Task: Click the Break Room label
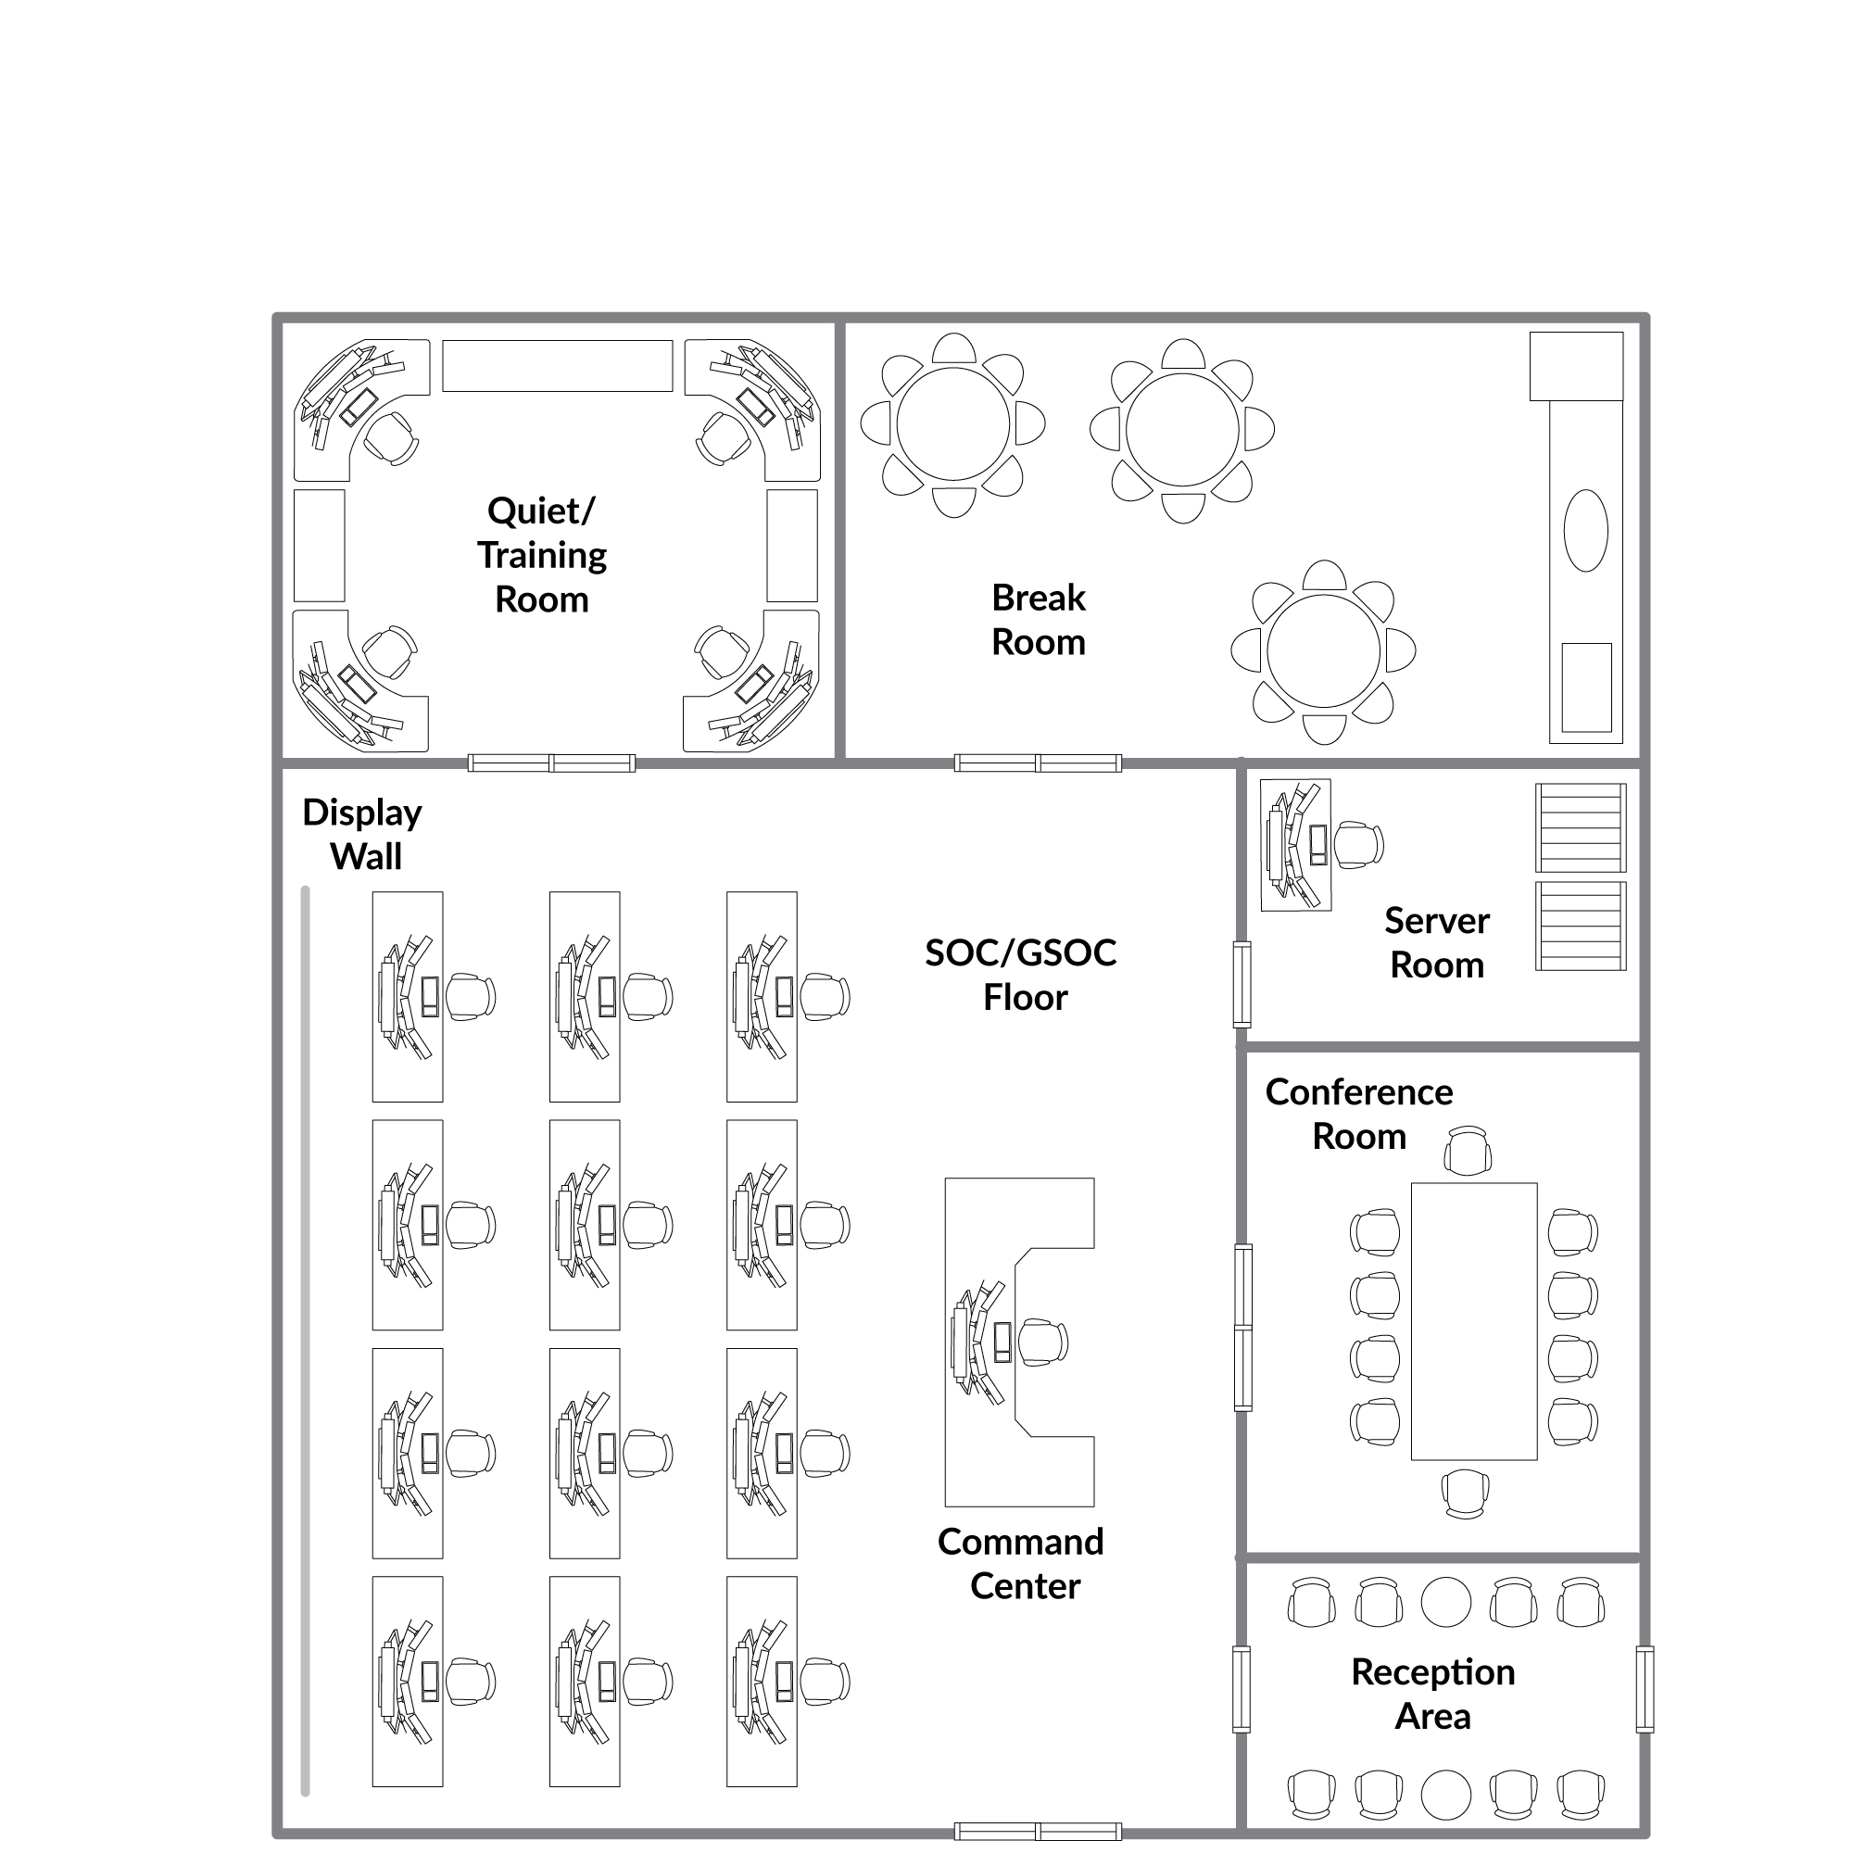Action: (x=1039, y=620)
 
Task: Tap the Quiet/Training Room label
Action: (x=542, y=554)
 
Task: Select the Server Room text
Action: (x=1437, y=943)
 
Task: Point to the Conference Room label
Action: (x=1359, y=1114)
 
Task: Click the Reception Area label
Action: (x=1433, y=1694)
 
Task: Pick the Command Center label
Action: (x=1021, y=1563)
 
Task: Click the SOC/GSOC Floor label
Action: (x=1021, y=975)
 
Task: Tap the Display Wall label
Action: (x=362, y=834)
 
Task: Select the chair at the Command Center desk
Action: (x=1042, y=1342)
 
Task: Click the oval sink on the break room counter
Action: (x=1585, y=530)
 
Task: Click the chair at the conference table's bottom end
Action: (x=1466, y=1494)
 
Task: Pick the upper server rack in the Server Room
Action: (x=1581, y=827)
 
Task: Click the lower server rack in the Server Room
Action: (x=1581, y=926)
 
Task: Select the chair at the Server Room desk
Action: (x=1359, y=845)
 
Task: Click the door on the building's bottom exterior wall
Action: (x=1038, y=1831)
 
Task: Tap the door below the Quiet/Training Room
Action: (x=551, y=763)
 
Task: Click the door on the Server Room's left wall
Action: (x=1242, y=985)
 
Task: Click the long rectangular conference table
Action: (x=1474, y=1322)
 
